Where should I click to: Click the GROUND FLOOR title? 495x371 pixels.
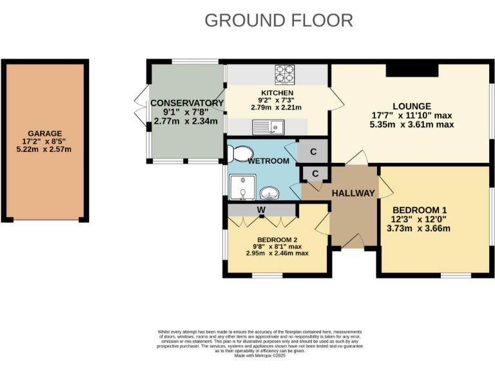point(278,20)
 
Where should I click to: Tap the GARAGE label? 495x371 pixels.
point(44,133)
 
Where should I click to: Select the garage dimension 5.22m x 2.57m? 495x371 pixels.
point(44,149)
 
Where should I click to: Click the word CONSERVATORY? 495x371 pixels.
point(186,103)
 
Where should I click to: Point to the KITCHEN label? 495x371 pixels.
point(277,93)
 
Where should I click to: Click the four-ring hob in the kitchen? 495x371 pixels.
point(284,75)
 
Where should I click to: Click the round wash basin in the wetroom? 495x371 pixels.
point(269,192)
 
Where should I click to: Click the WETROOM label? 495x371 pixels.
point(269,161)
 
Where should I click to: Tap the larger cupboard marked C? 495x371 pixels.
point(313,152)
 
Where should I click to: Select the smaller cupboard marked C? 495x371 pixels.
point(315,174)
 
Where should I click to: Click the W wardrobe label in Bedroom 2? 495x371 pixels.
point(261,210)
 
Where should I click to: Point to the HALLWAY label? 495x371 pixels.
point(353,193)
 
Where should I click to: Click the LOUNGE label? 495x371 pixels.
point(412,106)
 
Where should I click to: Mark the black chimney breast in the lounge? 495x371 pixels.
point(412,70)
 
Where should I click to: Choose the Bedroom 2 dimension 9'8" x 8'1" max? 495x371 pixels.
point(277,246)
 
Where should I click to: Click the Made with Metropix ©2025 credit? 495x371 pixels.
point(260,356)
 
